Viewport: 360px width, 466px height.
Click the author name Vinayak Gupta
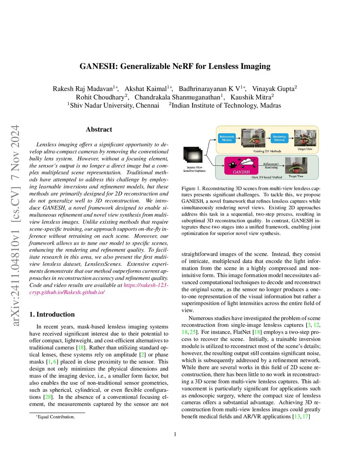point(273,89)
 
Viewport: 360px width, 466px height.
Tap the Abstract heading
point(99,129)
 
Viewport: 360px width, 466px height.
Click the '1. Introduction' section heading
point(52,314)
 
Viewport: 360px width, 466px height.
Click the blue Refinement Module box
point(227,138)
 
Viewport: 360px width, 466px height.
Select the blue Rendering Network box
point(279,138)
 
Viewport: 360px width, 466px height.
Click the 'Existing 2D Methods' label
point(267,151)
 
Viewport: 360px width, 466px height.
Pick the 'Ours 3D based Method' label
point(266,177)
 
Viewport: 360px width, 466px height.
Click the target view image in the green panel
point(296,165)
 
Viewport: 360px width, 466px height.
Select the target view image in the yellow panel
point(305,138)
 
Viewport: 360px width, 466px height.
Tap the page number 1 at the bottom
point(175,434)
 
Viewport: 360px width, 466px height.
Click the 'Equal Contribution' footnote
point(56,417)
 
